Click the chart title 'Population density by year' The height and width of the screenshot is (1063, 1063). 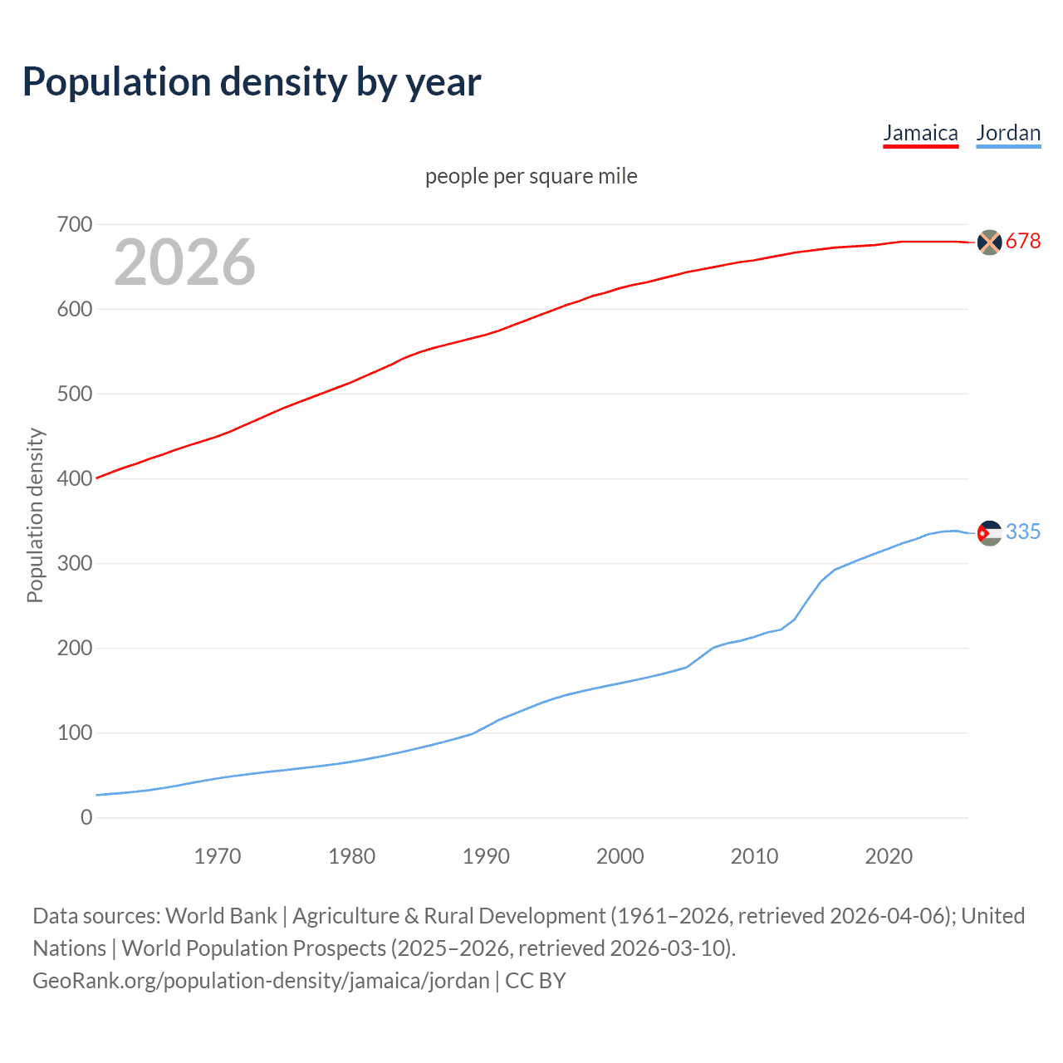click(x=252, y=82)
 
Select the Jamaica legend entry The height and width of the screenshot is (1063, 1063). click(x=920, y=133)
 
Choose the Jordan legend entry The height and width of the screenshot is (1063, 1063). click(x=1008, y=133)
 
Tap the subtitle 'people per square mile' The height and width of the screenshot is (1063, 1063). click(x=531, y=176)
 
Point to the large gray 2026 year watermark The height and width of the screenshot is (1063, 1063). click(x=184, y=262)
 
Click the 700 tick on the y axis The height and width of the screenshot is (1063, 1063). click(x=75, y=224)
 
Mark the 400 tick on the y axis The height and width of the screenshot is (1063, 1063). click(x=75, y=478)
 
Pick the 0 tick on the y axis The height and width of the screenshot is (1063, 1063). click(x=86, y=817)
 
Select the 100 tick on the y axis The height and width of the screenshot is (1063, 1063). click(x=75, y=732)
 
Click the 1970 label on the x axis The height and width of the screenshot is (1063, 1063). click(x=218, y=856)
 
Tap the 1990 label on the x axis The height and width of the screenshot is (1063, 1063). click(x=486, y=856)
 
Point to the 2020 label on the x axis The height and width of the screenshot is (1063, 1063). click(x=889, y=856)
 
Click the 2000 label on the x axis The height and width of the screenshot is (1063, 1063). click(x=620, y=856)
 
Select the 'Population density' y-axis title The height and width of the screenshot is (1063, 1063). click(x=35, y=515)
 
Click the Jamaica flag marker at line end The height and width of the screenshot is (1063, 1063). click(x=989, y=242)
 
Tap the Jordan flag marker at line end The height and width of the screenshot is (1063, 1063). click(x=989, y=532)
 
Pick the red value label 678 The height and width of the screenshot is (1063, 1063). click(x=1023, y=241)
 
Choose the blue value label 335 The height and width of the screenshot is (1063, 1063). click(x=1023, y=531)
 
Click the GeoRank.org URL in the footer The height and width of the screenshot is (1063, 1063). click(x=261, y=981)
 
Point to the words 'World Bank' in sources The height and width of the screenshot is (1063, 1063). click(x=221, y=916)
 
